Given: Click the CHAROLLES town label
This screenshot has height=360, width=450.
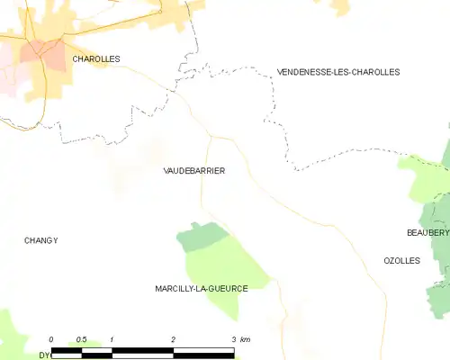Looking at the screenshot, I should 96,58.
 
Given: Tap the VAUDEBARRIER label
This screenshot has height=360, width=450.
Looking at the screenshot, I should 194,170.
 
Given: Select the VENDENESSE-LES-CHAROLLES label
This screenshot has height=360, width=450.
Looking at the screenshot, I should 338,72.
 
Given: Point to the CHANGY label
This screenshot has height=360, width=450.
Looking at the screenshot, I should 40,240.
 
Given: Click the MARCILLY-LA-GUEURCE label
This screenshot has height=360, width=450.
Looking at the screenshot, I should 202,288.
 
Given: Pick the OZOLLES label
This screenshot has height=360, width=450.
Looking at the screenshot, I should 401,260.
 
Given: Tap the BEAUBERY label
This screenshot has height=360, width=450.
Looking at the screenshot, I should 427,232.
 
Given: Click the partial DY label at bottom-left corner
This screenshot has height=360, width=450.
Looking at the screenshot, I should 43,355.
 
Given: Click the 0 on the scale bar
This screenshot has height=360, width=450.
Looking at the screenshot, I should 51,339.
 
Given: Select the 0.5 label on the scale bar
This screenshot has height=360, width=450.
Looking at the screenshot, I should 81,339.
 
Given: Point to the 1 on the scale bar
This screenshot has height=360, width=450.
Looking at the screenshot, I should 112,339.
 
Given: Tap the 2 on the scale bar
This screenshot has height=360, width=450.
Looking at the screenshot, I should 173,339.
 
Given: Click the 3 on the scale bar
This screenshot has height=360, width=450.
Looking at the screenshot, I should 233,339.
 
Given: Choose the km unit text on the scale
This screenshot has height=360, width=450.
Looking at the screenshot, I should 246,339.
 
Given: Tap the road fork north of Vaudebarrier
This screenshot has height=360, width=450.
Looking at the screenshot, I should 210,137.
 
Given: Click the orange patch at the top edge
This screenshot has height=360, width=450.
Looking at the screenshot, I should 340,6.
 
